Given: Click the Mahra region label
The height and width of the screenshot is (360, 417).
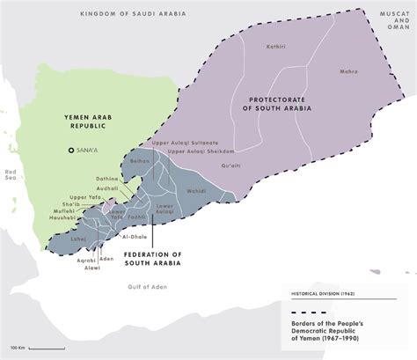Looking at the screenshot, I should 349,73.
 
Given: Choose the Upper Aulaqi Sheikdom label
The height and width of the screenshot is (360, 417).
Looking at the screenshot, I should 201,151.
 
